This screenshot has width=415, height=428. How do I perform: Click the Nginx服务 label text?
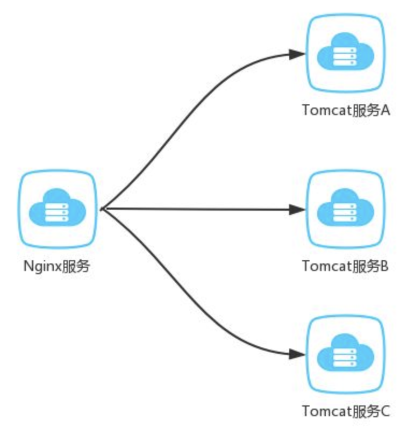click(56, 266)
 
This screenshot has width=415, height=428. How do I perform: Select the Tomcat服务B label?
click(346, 266)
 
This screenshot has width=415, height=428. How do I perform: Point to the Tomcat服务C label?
click(346, 412)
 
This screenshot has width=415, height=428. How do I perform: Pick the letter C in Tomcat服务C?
click(384, 412)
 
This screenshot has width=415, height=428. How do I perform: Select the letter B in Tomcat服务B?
click(384, 266)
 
